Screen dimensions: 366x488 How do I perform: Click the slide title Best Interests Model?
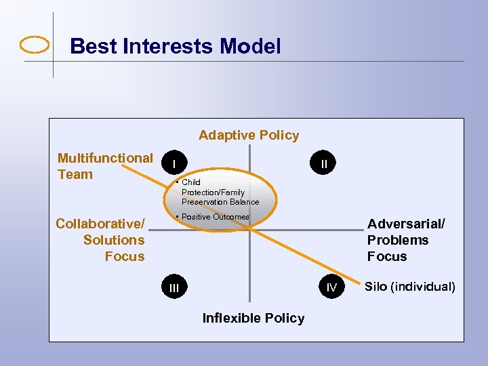click(175, 46)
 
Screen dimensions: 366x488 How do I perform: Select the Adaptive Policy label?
click(249, 135)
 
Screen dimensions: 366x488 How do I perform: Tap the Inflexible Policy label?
click(253, 318)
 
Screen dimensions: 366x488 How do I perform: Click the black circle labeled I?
click(175, 164)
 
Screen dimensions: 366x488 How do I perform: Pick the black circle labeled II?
click(324, 164)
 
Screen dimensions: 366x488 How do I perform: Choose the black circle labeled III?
click(175, 287)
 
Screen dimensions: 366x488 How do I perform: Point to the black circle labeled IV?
click(331, 287)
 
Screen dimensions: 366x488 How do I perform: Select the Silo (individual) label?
click(410, 286)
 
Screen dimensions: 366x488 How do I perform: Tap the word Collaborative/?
click(100, 224)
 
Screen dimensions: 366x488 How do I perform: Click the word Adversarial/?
click(406, 224)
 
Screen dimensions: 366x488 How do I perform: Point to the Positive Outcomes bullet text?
click(215, 217)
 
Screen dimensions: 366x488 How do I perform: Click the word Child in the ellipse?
click(191, 182)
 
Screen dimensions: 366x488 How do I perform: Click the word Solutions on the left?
click(114, 240)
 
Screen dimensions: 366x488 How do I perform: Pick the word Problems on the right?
click(398, 240)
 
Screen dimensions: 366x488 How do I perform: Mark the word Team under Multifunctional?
click(75, 174)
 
